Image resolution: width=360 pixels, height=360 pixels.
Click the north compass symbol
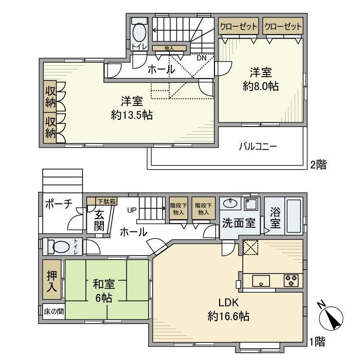pos(333,318)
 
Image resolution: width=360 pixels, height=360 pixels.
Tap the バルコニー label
pos(257,147)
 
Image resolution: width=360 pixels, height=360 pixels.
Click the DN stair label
pos(202,58)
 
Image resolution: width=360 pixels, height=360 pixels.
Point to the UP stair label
pos(132,210)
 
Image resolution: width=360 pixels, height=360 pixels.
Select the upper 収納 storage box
pos(50,96)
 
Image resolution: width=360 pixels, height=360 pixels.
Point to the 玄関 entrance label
pos(99,219)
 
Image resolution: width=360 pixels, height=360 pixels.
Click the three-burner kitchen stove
pos(291,281)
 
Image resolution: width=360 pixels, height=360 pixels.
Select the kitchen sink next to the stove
pos(261,281)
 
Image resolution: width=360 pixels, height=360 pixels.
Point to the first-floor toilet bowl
pos(61,247)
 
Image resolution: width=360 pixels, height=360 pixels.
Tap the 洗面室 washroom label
pos(239,224)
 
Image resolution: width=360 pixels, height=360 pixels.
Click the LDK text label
pos(229,302)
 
